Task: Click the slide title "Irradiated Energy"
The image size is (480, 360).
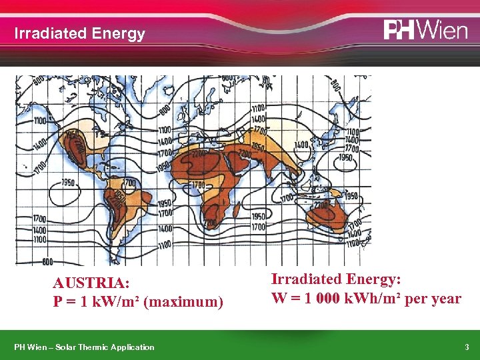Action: [x=79, y=34]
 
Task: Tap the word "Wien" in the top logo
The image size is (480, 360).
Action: [x=444, y=31]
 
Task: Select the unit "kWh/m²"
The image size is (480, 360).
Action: [x=375, y=298]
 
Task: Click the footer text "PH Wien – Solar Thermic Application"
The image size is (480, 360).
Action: [x=84, y=347]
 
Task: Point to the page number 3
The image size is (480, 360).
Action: [x=467, y=347]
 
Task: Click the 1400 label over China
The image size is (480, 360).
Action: [x=301, y=144]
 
